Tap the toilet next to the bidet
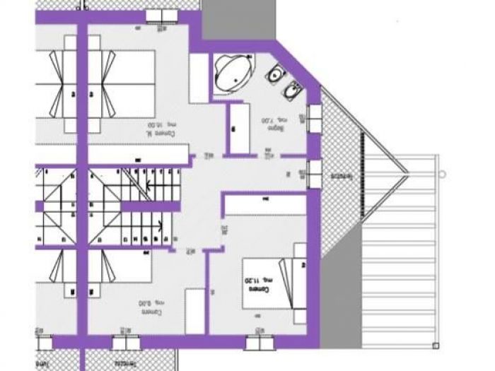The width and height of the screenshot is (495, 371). [274, 73]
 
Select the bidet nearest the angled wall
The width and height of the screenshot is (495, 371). [292, 90]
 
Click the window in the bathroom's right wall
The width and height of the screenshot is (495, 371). [313, 117]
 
